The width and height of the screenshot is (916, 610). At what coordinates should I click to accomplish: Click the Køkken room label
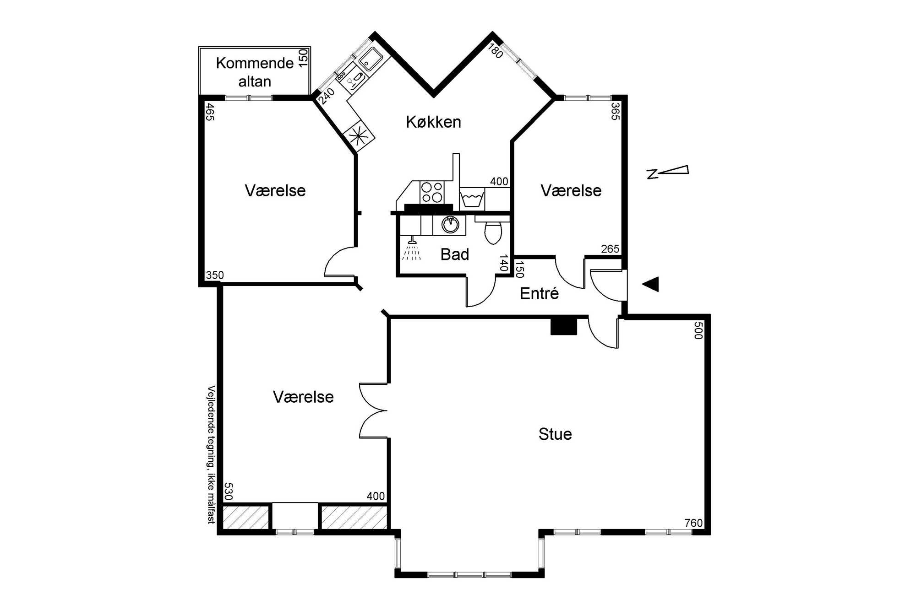(x=433, y=122)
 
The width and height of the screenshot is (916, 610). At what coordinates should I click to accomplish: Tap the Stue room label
(x=555, y=434)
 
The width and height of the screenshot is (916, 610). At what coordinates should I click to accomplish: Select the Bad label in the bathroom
(x=455, y=254)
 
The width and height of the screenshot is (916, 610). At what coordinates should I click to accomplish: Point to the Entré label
(x=539, y=293)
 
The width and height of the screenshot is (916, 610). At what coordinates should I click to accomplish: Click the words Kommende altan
(x=255, y=72)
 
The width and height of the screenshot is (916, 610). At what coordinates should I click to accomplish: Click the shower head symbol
(x=412, y=248)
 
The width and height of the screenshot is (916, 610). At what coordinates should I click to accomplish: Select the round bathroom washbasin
(x=450, y=225)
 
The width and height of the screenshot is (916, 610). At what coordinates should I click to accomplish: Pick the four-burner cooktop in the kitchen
(x=432, y=192)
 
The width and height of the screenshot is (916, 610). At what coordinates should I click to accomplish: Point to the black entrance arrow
(x=650, y=284)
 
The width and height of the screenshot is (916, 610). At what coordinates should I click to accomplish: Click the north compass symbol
(x=667, y=172)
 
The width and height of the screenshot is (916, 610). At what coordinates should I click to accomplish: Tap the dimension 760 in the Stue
(x=693, y=523)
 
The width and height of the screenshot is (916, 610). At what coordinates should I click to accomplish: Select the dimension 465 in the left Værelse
(x=210, y=112)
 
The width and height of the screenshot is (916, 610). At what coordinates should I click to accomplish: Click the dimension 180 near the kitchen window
(x=496, y=51)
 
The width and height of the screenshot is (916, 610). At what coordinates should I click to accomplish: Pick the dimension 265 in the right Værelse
(x=610, y=249)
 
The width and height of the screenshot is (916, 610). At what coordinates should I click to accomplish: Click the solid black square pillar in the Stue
(x=563, y=327)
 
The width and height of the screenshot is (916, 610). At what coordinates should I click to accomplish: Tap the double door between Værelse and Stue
(x=373, y=410)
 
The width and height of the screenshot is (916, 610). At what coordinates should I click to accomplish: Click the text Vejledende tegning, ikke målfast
(x=211, y=454)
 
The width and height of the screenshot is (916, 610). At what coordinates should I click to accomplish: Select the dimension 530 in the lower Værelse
(x=229, y=491)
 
